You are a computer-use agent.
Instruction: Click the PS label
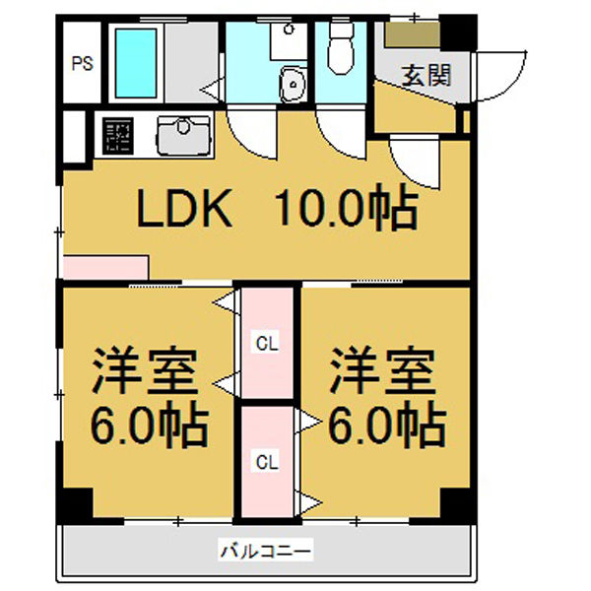(x=82, y=66)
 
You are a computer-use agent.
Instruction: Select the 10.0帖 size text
(x=346, y=208)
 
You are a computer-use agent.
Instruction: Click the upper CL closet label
(x=267, y=344)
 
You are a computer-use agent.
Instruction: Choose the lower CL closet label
(x=267, y=460)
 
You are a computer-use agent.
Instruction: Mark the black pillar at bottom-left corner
(x=74, y=504)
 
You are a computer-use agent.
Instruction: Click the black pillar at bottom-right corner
(x=457, y=503)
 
